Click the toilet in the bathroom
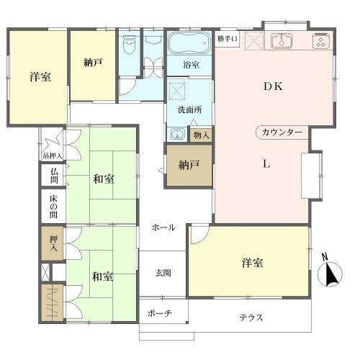pyautogui.click(x=128, y=48)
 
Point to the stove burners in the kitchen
pyautogui.click(x=320, y=42)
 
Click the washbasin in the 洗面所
pyautogui.click(x=176, y=133)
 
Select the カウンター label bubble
pyautogui.click(x=282, y=132)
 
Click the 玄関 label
pyautogui.click(x=163, y=273)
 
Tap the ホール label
pyautogui.click(x=163, y=228)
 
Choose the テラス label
pyautogui.click(x=251, y=318)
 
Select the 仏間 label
pyautogui.click(x=53, y=175)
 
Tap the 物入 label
pyautogui.click(x=201, y=135)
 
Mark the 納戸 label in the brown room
pyautogui.click(x=188, y=164)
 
